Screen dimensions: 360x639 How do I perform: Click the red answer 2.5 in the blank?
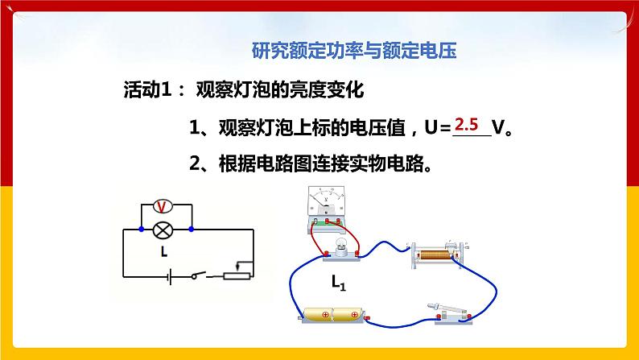tap(467, 125)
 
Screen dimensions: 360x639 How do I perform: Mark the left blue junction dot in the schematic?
tap(141, 230)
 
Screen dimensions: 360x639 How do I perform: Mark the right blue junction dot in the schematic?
tap(192, 230)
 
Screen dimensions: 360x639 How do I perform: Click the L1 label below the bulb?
tap(338, 283)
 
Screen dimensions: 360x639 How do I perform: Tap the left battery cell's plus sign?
tap(315, 315)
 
